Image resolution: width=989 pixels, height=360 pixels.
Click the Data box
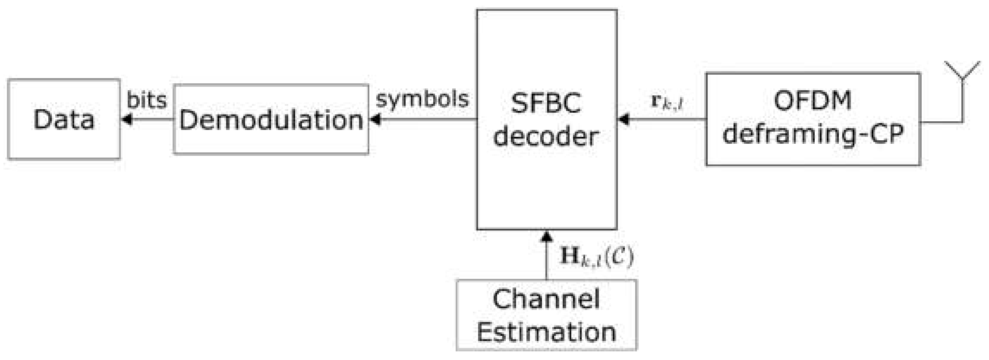click(x=64, y=119)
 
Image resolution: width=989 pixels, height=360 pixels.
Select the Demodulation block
click(x=271, y=120)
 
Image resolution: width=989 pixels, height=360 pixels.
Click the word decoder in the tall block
click(x=546, y=136)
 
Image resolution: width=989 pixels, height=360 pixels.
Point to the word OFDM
click(x=813, y=101)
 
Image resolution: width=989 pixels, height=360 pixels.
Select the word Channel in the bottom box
click(x=546, y=299)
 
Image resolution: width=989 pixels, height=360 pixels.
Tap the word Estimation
click(x=546, y=332)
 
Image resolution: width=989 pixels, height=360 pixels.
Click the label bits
click(x=147, y=100)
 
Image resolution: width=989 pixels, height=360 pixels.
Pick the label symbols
click(x=422, y=99)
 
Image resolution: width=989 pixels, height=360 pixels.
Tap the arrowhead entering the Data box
click(x=126, y=120)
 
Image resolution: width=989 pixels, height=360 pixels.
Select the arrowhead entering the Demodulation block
click(x=375, y=120)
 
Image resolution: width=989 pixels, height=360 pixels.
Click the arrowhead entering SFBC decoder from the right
click(x=624, y=120)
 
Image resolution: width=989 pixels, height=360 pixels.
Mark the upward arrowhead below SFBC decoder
click(x=547, y=236)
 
